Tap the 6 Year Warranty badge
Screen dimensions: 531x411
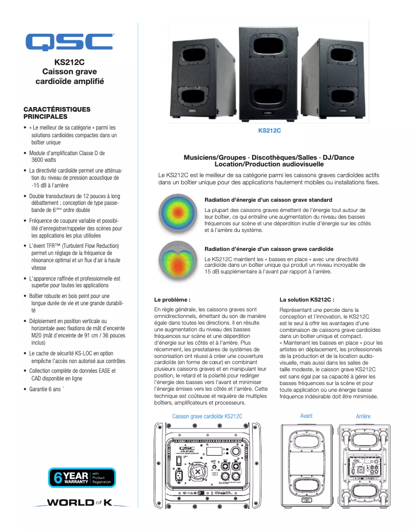82,477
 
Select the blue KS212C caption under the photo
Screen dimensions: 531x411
270,131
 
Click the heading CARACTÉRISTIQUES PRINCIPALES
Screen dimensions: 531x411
57,113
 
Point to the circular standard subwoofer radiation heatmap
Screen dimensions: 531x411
176,214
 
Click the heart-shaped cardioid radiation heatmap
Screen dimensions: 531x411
176,260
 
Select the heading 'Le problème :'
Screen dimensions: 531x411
172,299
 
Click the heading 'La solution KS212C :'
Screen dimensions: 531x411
307,299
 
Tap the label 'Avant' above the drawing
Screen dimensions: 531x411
306,416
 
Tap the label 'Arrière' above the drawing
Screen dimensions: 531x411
363,416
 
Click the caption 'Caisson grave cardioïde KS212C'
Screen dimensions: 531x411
208,416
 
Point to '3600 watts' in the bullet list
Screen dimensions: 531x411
44,160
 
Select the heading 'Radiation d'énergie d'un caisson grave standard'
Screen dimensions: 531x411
268,200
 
